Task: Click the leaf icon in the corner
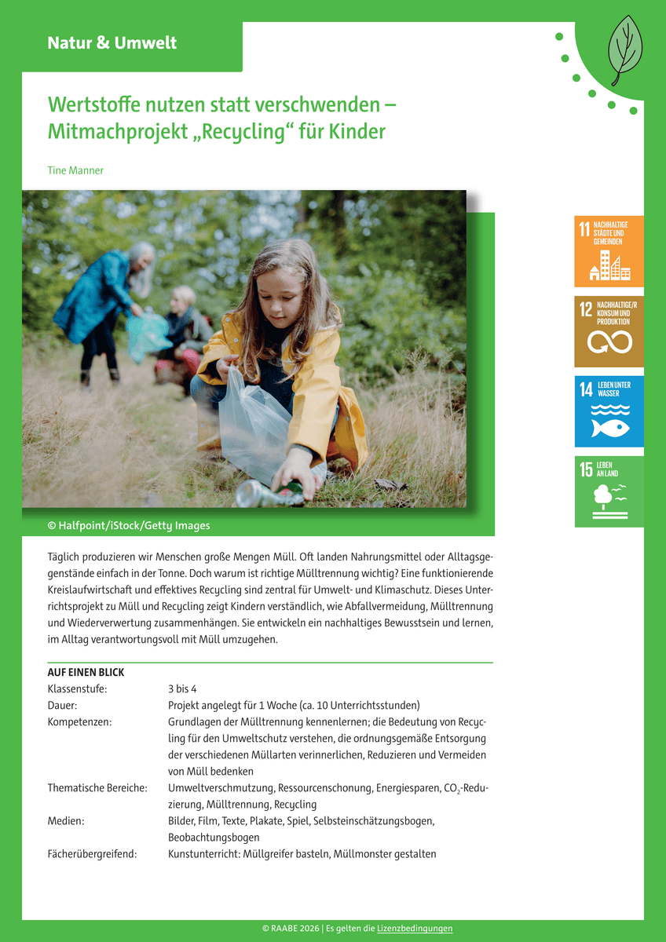[x=625, y=50]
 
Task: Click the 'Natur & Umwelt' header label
[x=112, y=43]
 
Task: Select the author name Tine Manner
[x=75, y=170]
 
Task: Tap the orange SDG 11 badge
[x=609, y=251]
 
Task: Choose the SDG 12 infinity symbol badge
[x=609, y=331]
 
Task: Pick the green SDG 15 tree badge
[x=609, y=491]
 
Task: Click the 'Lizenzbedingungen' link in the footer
[x=415, y=929]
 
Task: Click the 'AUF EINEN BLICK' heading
[x=86, y=673]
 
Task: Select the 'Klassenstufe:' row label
[x=77, y=689]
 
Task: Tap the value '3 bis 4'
[x=182, y=689]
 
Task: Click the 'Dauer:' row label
[x=62, y=706]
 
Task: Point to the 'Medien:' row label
[x=66, y=821]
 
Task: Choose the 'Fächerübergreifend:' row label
[x=92, y=854]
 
